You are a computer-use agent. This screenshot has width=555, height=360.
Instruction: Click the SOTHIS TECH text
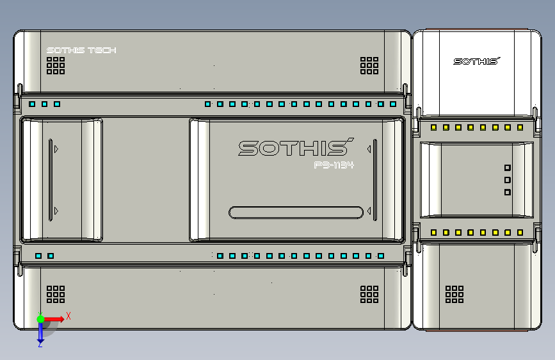point(81,51)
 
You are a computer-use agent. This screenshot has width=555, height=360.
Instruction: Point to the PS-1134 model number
point(334,165)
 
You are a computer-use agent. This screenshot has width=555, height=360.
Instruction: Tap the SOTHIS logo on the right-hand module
point(476,61)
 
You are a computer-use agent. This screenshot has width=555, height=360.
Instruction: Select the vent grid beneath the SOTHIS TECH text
point(56,65)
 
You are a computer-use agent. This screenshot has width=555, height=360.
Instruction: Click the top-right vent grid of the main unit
point(369,65)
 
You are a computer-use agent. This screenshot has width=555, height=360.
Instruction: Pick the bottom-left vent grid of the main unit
point(56,294)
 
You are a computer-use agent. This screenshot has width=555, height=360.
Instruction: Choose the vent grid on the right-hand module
point(454,294)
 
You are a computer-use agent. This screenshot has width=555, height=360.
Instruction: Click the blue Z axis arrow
point(40,331)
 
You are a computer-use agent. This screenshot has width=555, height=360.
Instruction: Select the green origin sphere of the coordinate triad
point(40,318)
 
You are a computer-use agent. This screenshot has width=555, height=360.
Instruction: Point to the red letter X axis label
point(68,315)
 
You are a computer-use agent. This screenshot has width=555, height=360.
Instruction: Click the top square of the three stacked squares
point(508,168)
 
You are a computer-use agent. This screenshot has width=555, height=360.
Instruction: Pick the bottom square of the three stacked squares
point(508,192)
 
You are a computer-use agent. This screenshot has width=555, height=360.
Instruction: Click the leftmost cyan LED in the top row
point(32,104)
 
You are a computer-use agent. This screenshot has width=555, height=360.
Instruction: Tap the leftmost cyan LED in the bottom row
point(38,256)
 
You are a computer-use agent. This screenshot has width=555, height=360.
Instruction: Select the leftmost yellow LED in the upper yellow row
point(433,127)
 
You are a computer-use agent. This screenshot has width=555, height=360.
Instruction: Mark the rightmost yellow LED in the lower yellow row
point(520,233)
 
